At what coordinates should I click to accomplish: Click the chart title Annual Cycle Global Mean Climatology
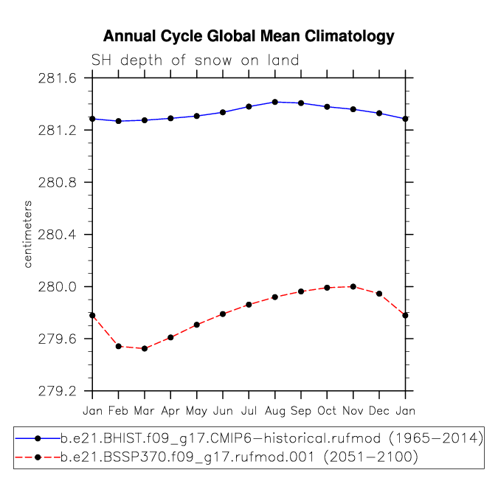point(249,36)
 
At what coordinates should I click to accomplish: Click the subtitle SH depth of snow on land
point(195,60)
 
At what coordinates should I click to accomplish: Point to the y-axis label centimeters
point(28,234)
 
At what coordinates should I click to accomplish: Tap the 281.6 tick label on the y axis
point(58,78)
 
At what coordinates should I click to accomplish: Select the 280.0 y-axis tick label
point(58,287)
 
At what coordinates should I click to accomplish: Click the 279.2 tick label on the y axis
point(58,391)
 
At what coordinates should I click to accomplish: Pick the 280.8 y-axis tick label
point(58,183)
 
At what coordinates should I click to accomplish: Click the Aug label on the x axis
point(275,411)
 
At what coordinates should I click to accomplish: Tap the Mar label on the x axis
point(144,411)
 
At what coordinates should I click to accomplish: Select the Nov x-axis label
point(353,411)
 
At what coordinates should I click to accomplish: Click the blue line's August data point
point(275,102)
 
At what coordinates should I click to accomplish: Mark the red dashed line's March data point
point(145,348)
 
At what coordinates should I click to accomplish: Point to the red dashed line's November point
point(353,286)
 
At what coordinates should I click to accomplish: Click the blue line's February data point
point(119,121)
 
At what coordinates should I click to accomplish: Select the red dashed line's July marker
point(249,305)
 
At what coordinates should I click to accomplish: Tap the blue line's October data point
point(327,107)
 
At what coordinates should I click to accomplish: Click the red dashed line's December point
point(379,294)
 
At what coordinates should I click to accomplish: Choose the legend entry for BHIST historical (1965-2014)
point(249,438)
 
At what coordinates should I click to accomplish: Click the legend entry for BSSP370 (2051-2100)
point(217,457)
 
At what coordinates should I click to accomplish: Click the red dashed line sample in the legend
point(38,457)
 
